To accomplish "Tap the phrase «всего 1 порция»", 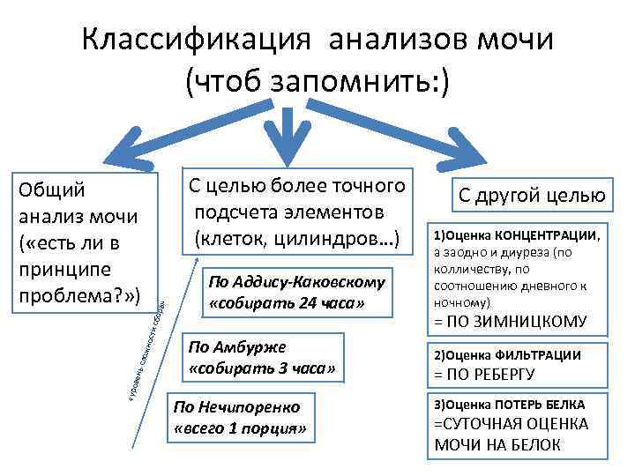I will click(x=240, y=429).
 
